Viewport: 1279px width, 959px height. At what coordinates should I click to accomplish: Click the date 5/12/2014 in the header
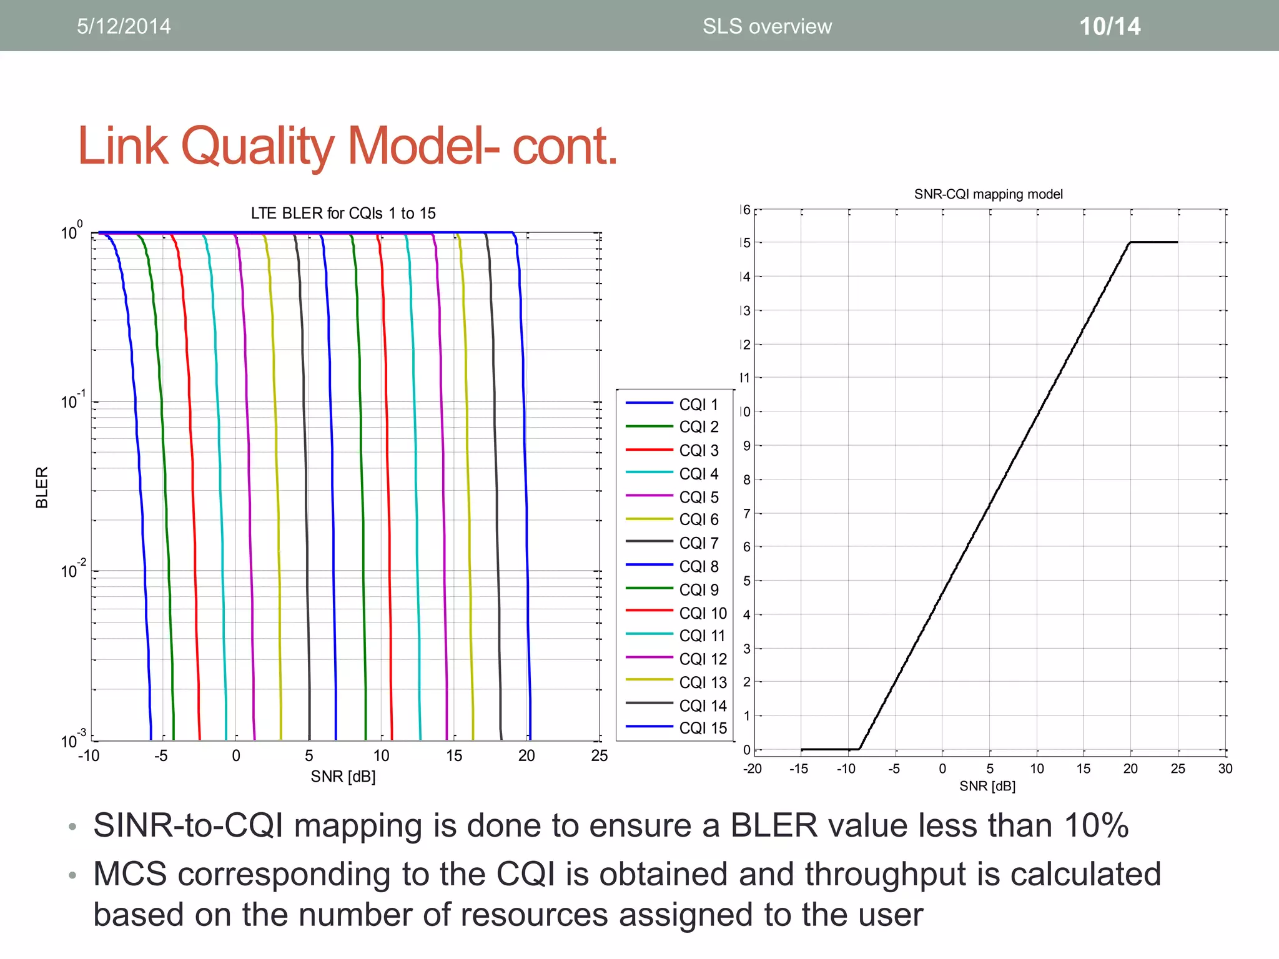(x=124, y=26)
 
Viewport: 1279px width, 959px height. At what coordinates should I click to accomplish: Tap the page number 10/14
(x=1110, y=26)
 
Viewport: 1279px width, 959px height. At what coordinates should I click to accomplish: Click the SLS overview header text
(x=767, y=26)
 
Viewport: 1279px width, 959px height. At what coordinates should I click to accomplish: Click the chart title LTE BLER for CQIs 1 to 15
(x=343, y=214)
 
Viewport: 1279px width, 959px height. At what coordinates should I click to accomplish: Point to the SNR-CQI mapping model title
(x=988, y=194)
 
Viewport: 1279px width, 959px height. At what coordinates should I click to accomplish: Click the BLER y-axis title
(x=42, y=487)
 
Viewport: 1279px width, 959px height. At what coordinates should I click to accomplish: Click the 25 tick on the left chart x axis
(x=599, y=756)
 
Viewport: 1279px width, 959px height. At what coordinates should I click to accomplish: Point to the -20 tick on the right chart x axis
(x=753, y=769)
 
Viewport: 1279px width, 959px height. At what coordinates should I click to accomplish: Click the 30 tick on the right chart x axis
(x=1225, y=769)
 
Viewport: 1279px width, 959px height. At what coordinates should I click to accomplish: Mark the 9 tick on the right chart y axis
(x=746, y=446)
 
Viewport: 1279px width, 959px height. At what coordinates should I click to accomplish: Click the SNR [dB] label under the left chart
(x=343, y=776)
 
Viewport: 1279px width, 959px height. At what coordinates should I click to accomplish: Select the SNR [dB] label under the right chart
(x=987, y=786)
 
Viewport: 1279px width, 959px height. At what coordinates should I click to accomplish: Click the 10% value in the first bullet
(x=1096, y=825)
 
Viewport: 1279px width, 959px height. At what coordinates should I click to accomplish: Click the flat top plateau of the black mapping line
(x=1154, y=242)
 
